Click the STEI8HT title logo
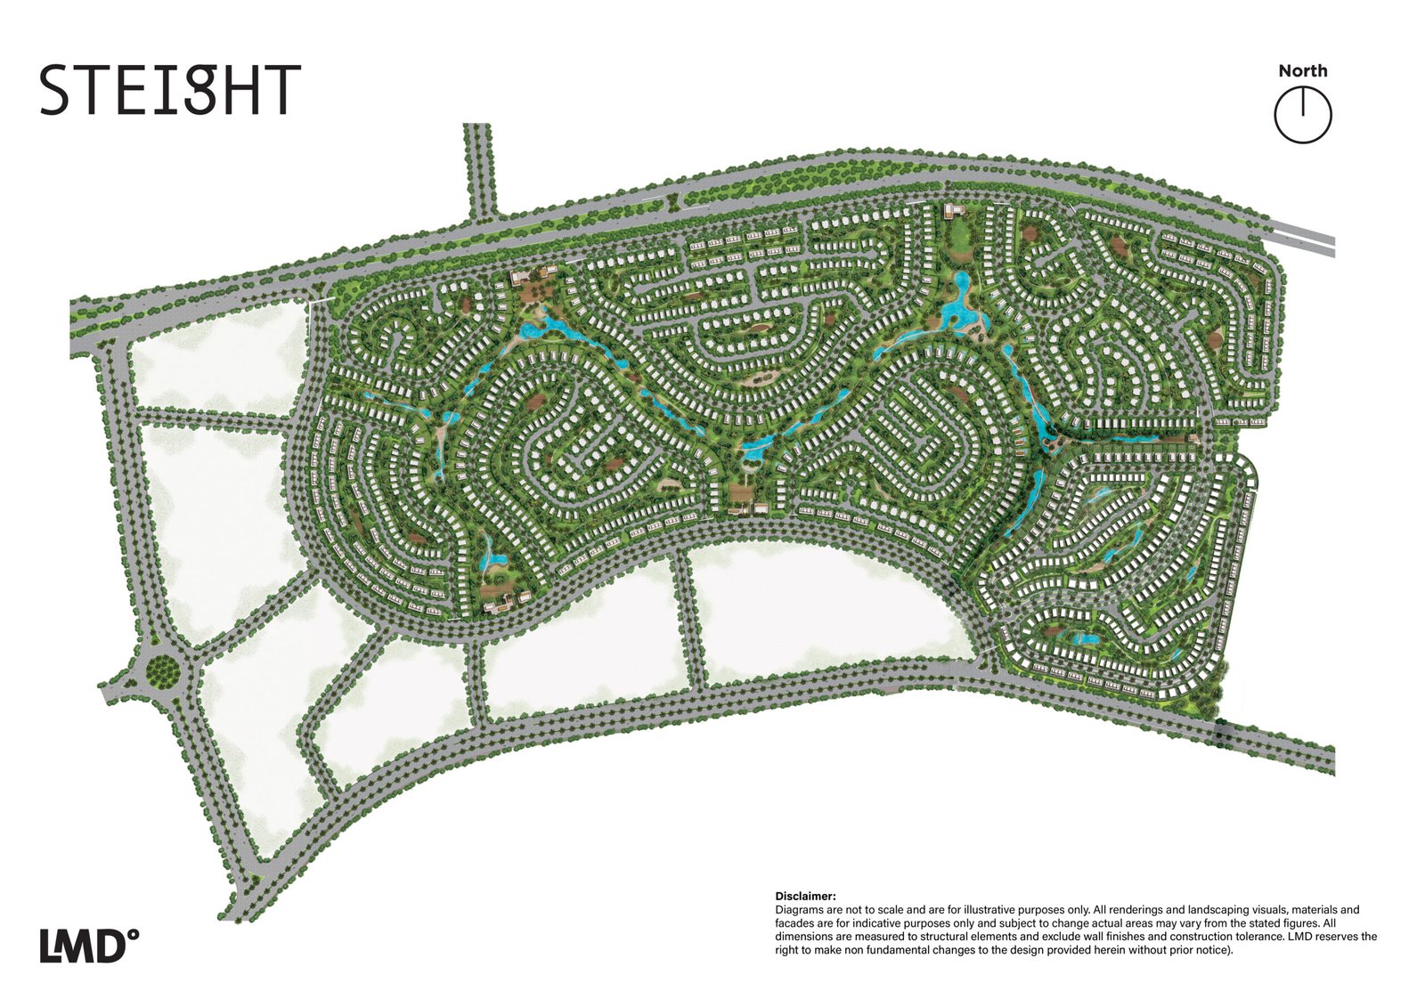pyautogui.click(x=169, y=90)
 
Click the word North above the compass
pyautogui.click(x=1302, y=71)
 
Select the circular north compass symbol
pyautogui.click(x=1302, y=116)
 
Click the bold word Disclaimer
pyautogui.click(x=805, y=897)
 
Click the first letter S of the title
pyautogui.click(x=54, y=90)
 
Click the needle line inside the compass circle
pyautogui.click(x=1302, y=104)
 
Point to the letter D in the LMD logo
pyautogui.click(x=110, y=946)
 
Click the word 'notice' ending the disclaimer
pyautogui.click(x=1213, y=950)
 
